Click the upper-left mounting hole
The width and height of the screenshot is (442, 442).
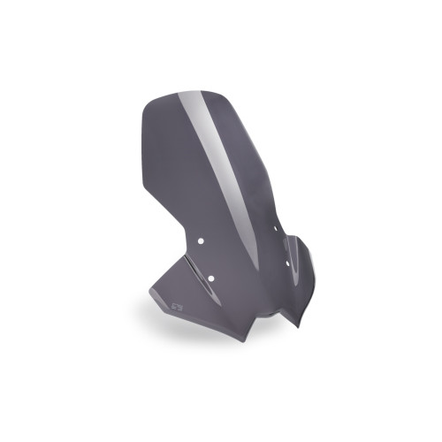(202, 240)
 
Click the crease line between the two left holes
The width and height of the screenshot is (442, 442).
(208, 260)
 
